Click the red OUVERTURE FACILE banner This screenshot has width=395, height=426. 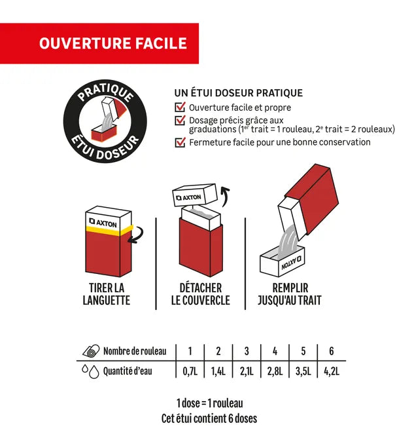[99, 43]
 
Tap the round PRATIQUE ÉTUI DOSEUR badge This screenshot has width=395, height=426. [105, 121]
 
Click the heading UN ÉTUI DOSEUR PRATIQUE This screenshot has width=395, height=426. [238, 93]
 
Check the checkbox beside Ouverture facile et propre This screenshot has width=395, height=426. [180, 107]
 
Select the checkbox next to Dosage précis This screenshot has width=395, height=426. [180, 121]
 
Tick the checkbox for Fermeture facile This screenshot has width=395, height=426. [180, 142]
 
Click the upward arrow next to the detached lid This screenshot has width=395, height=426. [225, 195]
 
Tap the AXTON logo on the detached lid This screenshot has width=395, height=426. [189, 197]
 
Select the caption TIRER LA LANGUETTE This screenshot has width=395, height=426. [107, 294]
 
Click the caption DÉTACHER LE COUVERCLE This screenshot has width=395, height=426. [201, 294]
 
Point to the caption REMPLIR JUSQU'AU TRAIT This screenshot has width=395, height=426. [290, 294]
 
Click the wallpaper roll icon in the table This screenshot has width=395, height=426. [92, 351]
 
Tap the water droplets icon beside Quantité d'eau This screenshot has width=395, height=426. [91, 371]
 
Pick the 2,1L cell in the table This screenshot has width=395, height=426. [247, 371]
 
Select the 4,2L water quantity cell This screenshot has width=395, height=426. [332, 371]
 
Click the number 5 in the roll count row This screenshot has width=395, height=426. [303, 351]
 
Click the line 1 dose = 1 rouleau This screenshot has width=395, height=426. [209, 403]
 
